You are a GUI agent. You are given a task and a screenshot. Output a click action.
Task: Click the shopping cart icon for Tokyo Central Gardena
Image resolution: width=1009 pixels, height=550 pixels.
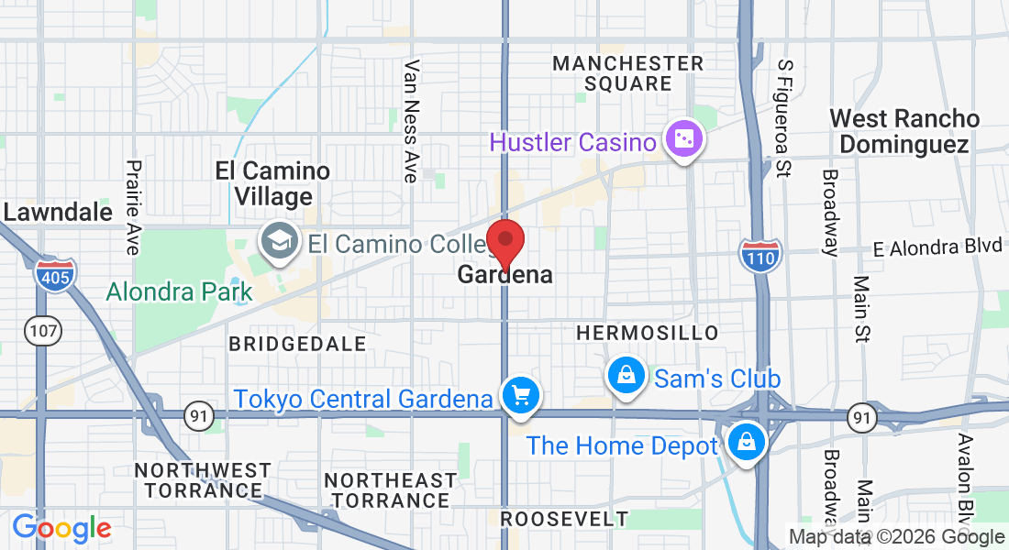[522, 396]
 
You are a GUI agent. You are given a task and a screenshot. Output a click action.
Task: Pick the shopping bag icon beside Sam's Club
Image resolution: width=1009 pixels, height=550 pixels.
[625, 375]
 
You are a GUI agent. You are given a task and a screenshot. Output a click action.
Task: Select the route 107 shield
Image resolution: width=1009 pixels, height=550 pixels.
[43, 333]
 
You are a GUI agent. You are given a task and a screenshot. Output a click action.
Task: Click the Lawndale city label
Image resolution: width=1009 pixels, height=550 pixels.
[58, 212]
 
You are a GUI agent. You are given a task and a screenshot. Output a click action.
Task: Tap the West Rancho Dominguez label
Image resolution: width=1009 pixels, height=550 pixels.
[904, 131]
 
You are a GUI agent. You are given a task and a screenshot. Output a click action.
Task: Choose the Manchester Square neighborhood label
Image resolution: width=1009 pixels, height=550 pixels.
[628, 73]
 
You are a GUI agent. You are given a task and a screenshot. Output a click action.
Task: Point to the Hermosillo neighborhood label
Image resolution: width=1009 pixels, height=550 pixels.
[648, 332]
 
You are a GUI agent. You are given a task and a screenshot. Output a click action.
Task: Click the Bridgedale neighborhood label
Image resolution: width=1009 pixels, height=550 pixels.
[297, 344]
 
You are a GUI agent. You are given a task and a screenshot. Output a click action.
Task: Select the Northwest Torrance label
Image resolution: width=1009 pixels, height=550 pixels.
[203, 480]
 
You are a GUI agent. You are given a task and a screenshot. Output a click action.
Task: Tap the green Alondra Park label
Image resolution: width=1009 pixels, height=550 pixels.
[179, 292]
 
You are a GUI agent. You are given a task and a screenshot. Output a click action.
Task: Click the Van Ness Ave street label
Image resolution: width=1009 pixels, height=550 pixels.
[411, 121]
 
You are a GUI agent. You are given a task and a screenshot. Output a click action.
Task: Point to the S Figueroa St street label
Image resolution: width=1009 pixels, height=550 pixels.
[784, 117]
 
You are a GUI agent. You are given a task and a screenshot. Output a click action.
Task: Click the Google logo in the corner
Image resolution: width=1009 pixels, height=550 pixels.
[62, 529]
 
